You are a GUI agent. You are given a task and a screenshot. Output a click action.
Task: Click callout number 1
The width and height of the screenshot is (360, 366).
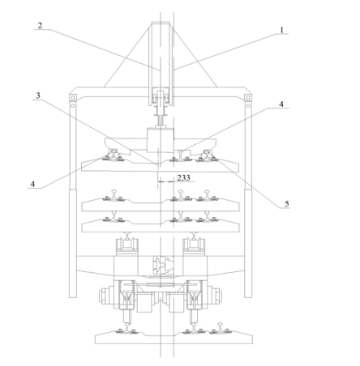click(281, 29)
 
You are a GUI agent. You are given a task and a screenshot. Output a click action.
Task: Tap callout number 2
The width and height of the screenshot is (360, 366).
click(40, 25)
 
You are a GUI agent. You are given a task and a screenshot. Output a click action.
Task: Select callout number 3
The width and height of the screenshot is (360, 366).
click(38, 95)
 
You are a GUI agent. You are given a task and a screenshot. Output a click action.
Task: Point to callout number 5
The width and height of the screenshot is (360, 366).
click(287, 203)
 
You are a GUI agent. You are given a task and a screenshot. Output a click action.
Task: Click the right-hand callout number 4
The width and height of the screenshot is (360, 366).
click(281, 104)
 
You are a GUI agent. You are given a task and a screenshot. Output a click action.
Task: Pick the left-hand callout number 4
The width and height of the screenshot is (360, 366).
click(32, 184)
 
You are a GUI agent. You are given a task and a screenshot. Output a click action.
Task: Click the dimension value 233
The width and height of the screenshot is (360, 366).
click(183, 177)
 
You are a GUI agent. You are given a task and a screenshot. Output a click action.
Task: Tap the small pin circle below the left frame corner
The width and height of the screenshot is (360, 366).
click(72, 105)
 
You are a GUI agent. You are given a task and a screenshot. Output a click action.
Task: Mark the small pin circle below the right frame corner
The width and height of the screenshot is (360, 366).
click(248, 105)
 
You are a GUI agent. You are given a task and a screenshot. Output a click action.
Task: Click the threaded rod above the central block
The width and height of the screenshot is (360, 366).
click(161, 121)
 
